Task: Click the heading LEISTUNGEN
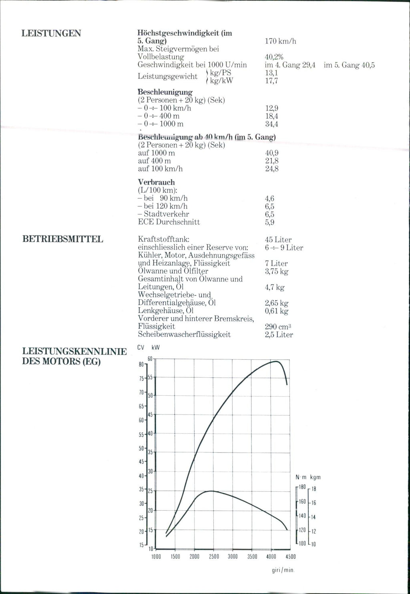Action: click(x=51, y=33)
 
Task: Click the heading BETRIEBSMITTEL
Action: click(x=62, y=240)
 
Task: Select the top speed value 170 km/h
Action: click(x=280, y=41)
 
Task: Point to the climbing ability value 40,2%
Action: click(x=274, y=57)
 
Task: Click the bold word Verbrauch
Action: click(x=156, y=182)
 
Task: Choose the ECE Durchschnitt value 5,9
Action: click(x=269, y=222)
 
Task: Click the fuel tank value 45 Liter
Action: click(x=278, y=240)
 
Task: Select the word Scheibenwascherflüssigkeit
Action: click(x=184, y=334)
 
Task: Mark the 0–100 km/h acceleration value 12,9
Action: click(x=271, y=108)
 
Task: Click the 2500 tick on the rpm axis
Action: click(x=213, y=557)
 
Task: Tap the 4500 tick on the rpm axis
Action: click(x=290, y=557)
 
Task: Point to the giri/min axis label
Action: click(x=283, y=570)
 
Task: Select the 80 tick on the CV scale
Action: click(x=141, y=364)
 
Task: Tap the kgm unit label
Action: click(x=315, y=477)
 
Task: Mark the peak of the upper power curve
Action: click(x=275, y=361)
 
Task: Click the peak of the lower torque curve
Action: click(x=211, y=491)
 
